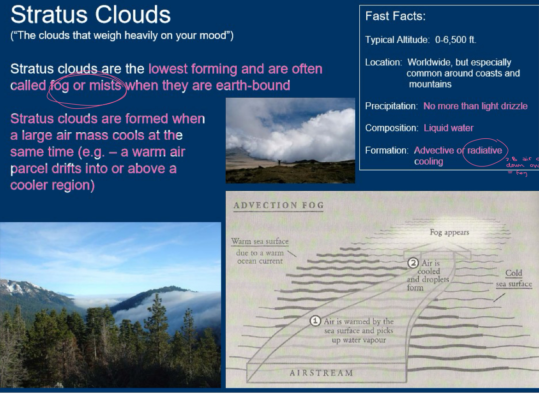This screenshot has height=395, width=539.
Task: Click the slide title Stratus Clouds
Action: tap(90, 15)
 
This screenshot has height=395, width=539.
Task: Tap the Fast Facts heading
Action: tap(395, 17)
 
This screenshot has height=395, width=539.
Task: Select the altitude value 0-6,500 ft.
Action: tap(456, 40)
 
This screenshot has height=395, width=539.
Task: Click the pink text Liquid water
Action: tap(448, 128)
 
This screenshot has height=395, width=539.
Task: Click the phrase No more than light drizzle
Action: tap(475, 106)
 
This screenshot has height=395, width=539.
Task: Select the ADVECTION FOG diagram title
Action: tap(278, 206)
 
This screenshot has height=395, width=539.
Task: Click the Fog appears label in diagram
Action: tap(449, 232)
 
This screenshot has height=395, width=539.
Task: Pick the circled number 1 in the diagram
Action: tap(315, 321)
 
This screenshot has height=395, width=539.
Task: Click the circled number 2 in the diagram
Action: tap(413, 263)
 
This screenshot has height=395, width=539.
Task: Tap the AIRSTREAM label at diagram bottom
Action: tap(321, 373)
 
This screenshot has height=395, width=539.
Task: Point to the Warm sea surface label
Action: tap(260, 242)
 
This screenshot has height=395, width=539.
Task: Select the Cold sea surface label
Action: tap(514, 278)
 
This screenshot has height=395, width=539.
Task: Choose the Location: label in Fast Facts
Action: tap(384, 62)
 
